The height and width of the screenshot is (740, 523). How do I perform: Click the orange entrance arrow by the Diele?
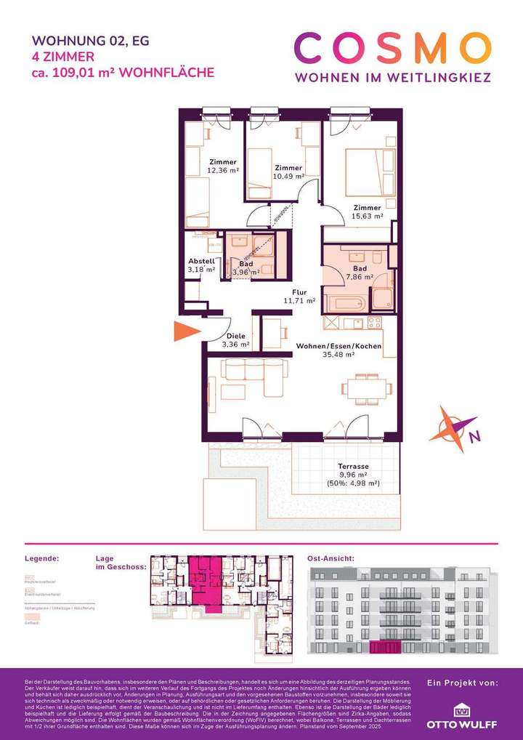point(185,332)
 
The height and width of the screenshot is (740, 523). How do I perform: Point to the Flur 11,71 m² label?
point(299,296)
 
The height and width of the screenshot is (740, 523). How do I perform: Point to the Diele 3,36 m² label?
point(236,340)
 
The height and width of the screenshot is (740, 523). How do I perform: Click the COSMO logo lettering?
point(393,49)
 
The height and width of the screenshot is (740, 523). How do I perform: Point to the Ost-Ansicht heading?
point(331,558)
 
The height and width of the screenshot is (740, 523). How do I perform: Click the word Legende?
point(41,558)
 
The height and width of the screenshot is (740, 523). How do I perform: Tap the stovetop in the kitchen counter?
point(374,322)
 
